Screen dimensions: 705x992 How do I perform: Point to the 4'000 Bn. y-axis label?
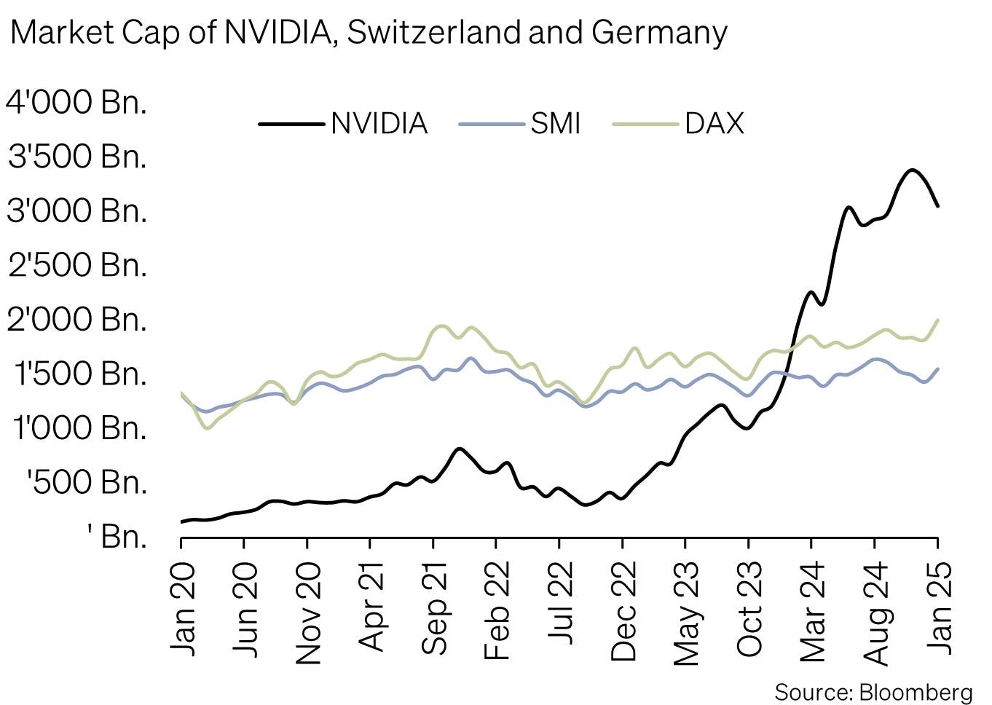tap(76, 102)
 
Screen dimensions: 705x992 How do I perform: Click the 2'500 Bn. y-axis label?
tap(76, 264)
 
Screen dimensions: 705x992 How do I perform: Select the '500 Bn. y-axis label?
tap(86, 481)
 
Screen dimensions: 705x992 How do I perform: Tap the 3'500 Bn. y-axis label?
tap(76, 156)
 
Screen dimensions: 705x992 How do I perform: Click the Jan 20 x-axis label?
tap(182, 609)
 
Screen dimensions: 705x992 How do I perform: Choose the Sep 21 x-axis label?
tap(435, 609)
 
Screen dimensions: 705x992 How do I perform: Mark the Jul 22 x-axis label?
tap(560, 604)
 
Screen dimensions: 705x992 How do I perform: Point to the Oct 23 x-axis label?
tap(749, 609)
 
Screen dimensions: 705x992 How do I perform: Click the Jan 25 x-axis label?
tap(939, 609)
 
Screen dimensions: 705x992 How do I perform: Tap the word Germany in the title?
tap(659, 34)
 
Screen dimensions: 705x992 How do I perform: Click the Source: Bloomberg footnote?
tap(873, 691)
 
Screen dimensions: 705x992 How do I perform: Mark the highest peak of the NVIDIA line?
tap(911, 170)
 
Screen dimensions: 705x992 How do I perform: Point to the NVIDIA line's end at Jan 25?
tap(937, 206)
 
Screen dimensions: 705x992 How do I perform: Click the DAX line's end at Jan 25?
tap(937, 320)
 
